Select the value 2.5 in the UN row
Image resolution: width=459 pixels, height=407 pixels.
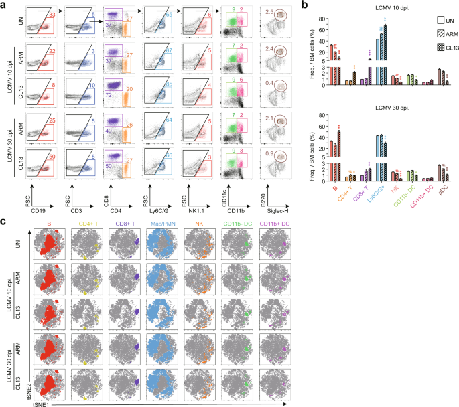pos(269,12)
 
